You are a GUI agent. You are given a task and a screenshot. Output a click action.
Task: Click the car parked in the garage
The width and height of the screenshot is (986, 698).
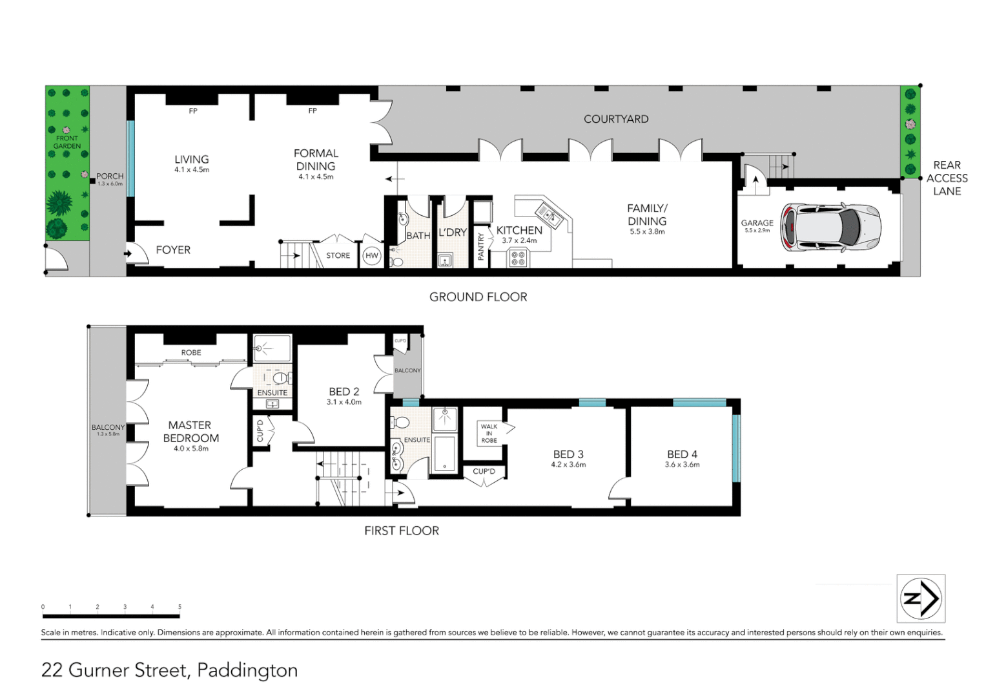[x=831, y=227]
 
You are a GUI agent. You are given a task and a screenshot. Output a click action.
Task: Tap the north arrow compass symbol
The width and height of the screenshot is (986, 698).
[x=921, y=598]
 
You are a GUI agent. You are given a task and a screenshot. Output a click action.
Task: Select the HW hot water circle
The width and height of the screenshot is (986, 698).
[x=372, y=256]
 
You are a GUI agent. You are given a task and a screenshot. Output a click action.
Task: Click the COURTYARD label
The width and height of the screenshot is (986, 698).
[x=616, y=119]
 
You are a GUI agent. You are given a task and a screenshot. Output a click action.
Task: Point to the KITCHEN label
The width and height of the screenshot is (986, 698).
[x=519, y=230]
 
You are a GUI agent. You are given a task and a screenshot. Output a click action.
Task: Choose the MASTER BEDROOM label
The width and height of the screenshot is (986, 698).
[x=190, y=432]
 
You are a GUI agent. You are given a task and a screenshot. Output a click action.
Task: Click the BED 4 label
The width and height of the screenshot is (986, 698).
[x=682, y=454]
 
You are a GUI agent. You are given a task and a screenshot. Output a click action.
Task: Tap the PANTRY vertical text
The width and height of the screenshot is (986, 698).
[x=481, y=247]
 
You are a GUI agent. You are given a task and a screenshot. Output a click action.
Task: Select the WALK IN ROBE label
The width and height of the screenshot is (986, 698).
[x=489, y=434]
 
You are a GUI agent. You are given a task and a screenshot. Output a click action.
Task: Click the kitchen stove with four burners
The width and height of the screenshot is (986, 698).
[x=519, y=259]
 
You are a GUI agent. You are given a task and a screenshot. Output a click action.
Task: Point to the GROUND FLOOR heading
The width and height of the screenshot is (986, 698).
[x=478, y=297]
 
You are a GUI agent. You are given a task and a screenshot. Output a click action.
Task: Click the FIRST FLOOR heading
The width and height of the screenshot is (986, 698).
[x=402, y=531]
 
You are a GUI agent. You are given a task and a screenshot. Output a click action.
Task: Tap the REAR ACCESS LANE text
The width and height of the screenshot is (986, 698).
[x=947, y=178]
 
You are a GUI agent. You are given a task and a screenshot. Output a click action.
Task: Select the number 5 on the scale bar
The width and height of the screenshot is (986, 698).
[x=180, y=607]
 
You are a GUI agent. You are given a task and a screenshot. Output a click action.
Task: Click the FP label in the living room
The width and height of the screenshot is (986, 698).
[x=193, y=111]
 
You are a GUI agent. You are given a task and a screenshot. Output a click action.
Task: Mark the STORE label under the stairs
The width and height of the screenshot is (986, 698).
[x=338, y=256]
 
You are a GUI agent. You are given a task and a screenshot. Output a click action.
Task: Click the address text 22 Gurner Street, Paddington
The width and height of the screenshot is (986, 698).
[x=169, y=670]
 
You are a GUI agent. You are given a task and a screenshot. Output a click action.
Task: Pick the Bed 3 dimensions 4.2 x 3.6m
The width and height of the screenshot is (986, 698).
[x=568, y=465]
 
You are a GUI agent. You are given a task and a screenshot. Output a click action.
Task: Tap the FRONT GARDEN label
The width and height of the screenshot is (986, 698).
[x=67, y=142]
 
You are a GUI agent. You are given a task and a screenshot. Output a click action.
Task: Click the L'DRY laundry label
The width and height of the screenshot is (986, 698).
[x=453, y=233]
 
